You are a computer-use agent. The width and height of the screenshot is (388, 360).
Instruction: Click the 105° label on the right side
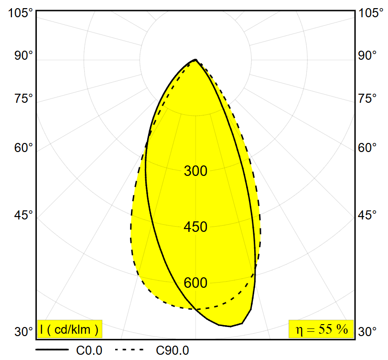[371, 13]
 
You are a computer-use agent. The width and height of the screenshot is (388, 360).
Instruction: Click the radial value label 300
[195, 171]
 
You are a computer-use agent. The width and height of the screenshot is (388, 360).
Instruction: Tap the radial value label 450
[195, 227]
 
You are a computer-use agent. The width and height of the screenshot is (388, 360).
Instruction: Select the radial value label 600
[195, 283]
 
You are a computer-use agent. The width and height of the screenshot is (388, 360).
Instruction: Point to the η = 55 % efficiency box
[321, 329]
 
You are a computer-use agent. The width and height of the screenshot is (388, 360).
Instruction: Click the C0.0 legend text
[89, 350]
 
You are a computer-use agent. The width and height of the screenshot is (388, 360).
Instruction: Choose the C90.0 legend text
[172, 350]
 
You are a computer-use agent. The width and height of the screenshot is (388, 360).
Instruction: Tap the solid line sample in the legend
[52, 350]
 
